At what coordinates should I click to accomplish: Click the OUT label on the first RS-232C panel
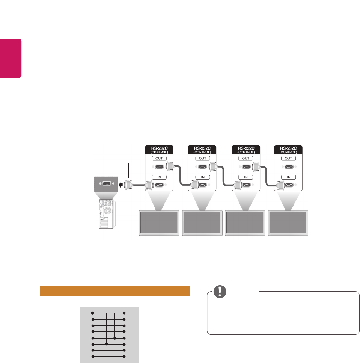[x=160, y=159]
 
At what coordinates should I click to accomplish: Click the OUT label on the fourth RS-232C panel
[x=289, y=159]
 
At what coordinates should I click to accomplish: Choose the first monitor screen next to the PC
[x=158, y=223]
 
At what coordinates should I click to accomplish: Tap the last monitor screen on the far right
[x=288, y=223]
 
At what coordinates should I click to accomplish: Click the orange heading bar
[x=115, y=291]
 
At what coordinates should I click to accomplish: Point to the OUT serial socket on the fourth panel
[x=289, y=167]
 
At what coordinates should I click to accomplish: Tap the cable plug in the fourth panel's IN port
[x=279, y=185]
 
